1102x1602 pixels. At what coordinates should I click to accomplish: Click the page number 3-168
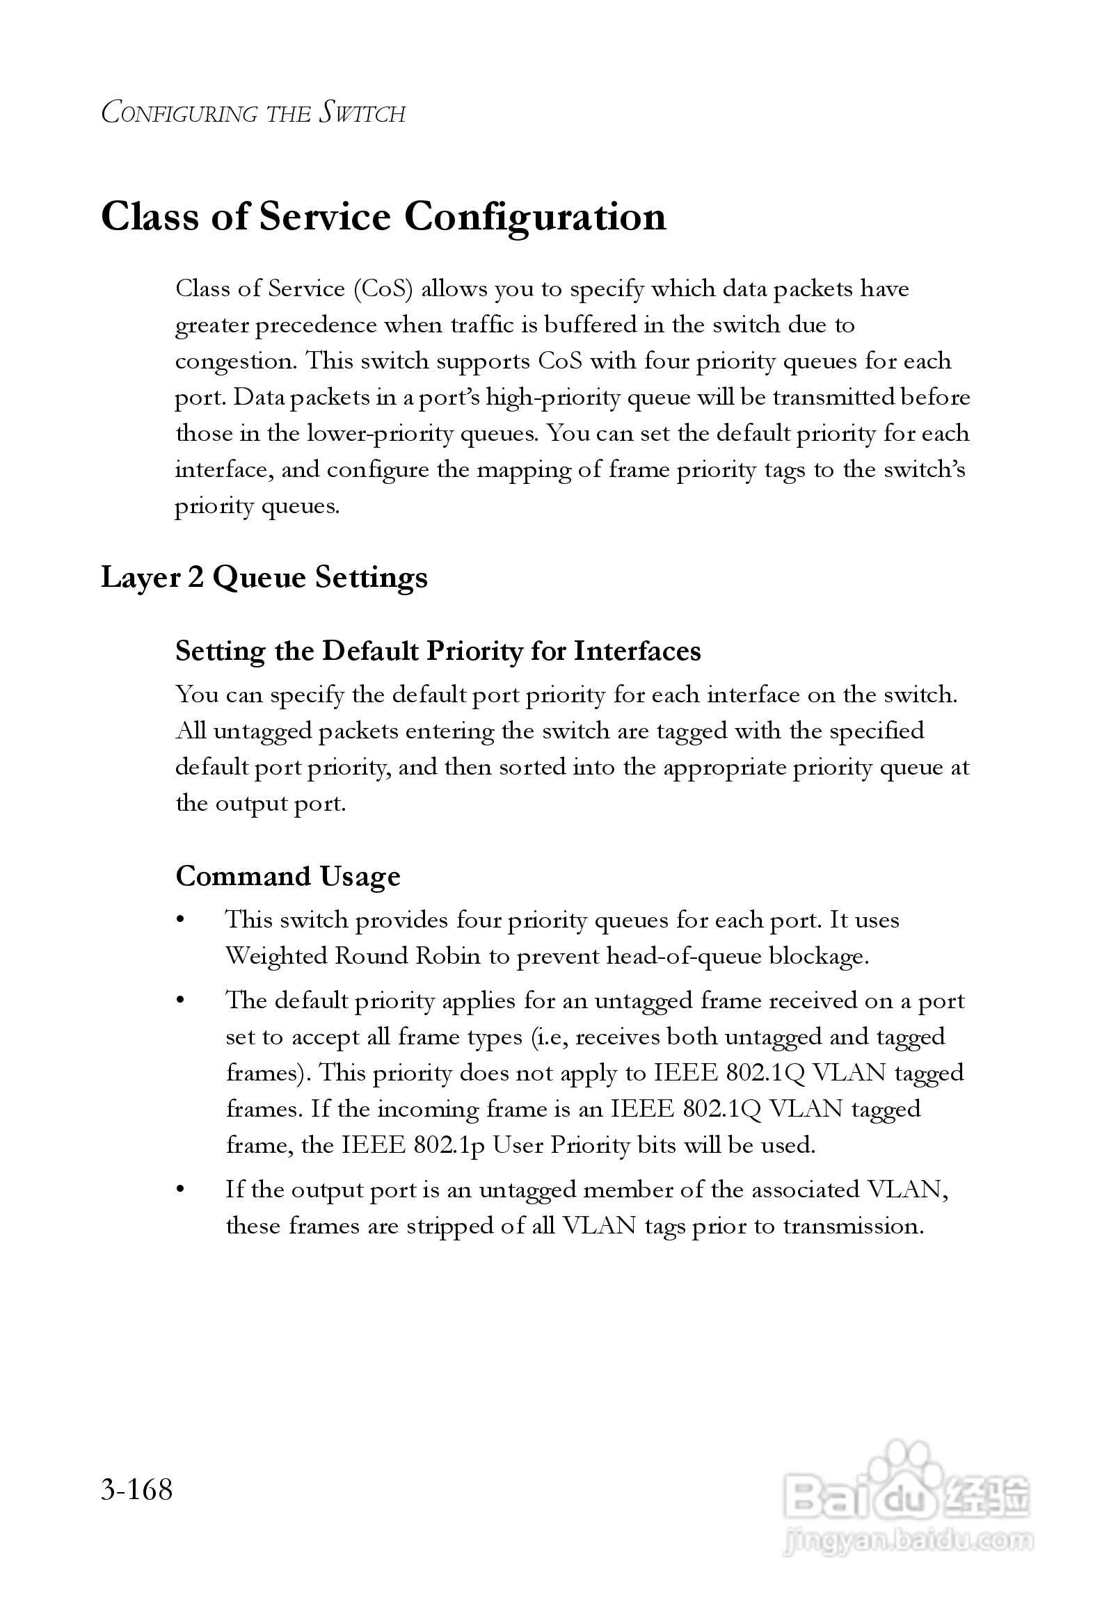point(136,1490)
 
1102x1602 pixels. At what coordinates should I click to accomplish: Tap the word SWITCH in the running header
point(362,113)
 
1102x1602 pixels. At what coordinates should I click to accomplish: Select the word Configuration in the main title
point(535,217)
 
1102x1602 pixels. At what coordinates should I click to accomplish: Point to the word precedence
point(317,325)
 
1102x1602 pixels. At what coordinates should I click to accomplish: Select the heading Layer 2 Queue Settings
point(264,577)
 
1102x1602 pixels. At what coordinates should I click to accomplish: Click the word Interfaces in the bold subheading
point(637,651)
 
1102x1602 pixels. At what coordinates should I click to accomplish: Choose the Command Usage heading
point(287,876)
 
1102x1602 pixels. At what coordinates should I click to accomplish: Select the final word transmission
point(853,1225)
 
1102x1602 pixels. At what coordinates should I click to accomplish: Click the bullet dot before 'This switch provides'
point(181,921)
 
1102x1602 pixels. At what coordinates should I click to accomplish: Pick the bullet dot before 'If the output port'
point(181,1190)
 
